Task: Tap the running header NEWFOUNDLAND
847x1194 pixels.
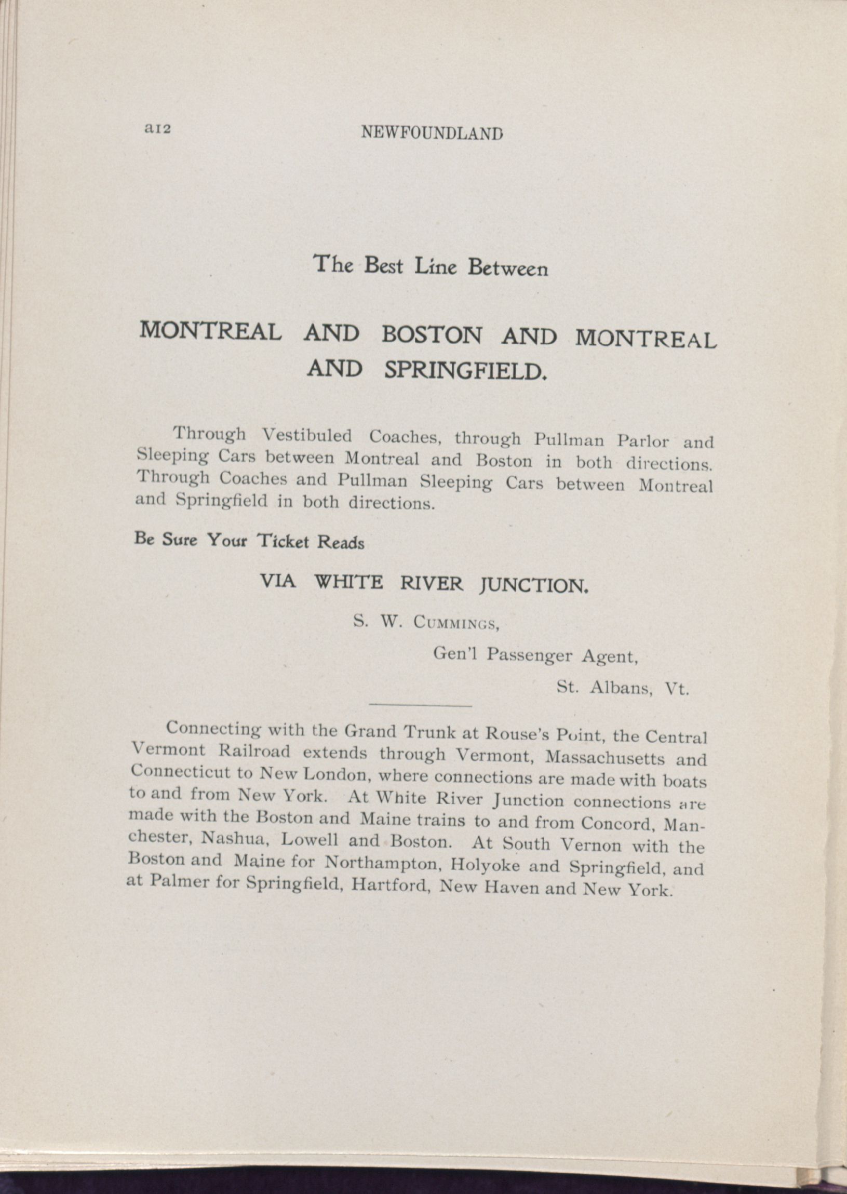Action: (432, 133)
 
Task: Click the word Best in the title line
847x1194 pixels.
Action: (383, 265)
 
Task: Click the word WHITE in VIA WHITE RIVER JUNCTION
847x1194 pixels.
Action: (347, 582)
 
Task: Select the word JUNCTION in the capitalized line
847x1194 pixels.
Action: (534, 586)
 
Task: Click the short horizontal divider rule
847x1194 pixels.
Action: (420, 706)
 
